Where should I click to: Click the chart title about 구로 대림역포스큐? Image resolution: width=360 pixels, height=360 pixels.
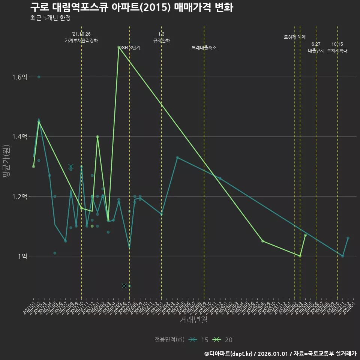pos(132,7)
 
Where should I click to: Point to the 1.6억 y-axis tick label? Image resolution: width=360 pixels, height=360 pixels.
pos(19,77)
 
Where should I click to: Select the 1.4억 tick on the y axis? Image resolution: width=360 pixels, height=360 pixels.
pos(19,137)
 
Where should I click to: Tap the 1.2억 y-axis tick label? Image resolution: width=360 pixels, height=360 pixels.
pos(19,196)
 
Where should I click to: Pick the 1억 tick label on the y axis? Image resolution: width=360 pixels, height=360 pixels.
pos(22,256)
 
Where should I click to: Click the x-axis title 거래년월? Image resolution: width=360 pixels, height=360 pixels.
pos(193,320)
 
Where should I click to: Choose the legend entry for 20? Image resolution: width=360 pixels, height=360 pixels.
pos(222,340)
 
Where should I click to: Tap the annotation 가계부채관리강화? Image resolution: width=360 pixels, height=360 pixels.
pos(81,40)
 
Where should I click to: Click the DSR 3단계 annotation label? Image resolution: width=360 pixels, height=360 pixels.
pos(129,48)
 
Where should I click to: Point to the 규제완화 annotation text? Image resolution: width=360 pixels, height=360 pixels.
pos(162,40)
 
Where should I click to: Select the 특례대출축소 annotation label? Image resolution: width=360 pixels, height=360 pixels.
pos(204,48)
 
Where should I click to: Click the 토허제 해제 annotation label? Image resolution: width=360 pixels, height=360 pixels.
pos(295,37)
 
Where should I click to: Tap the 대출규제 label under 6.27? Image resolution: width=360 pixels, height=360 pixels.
pos(316,51)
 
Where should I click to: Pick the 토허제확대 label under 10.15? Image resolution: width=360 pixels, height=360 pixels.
pos(337,51)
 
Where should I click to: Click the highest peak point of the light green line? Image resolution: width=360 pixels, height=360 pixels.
pos(119,47)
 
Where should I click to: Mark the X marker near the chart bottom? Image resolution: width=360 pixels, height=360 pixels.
pos(124,286)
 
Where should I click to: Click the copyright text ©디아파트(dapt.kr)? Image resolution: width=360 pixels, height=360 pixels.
pos(228,354)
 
